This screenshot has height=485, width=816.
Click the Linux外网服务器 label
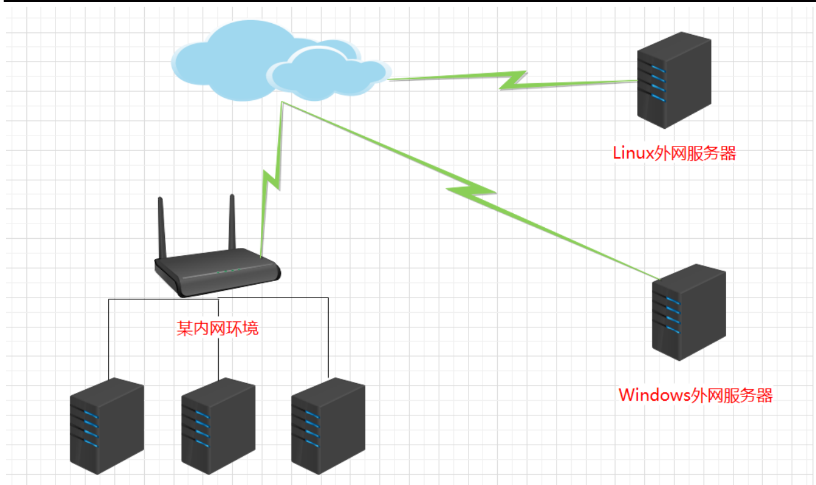point(674,153)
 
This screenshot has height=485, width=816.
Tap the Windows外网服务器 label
point(696,395)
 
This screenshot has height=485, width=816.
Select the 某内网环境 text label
point(217,329)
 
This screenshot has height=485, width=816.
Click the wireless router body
point(217,273)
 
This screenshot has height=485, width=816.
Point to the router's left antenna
point(161,227)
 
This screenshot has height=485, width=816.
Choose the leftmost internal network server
point(107,425)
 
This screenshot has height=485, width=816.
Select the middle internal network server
point(218,425)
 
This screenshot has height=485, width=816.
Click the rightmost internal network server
point(328,425)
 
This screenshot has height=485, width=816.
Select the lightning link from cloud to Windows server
point(470,191)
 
